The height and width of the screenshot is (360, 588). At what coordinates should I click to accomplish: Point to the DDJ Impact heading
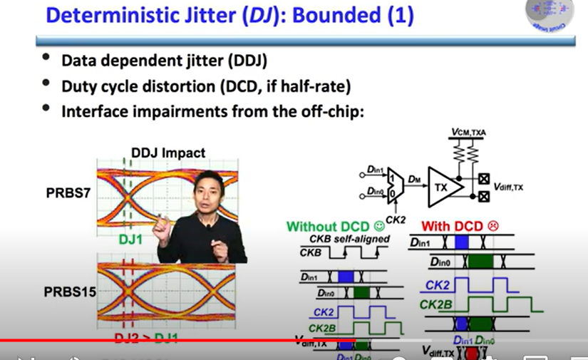coord(168,153)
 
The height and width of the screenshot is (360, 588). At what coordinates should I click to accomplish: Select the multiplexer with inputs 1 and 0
coord(391,182)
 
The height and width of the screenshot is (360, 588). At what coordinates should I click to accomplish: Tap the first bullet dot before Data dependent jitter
coord(46,59)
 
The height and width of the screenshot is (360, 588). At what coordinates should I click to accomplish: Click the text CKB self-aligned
coord(349,239)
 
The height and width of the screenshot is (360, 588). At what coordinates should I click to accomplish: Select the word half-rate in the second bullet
coord(317,86)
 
